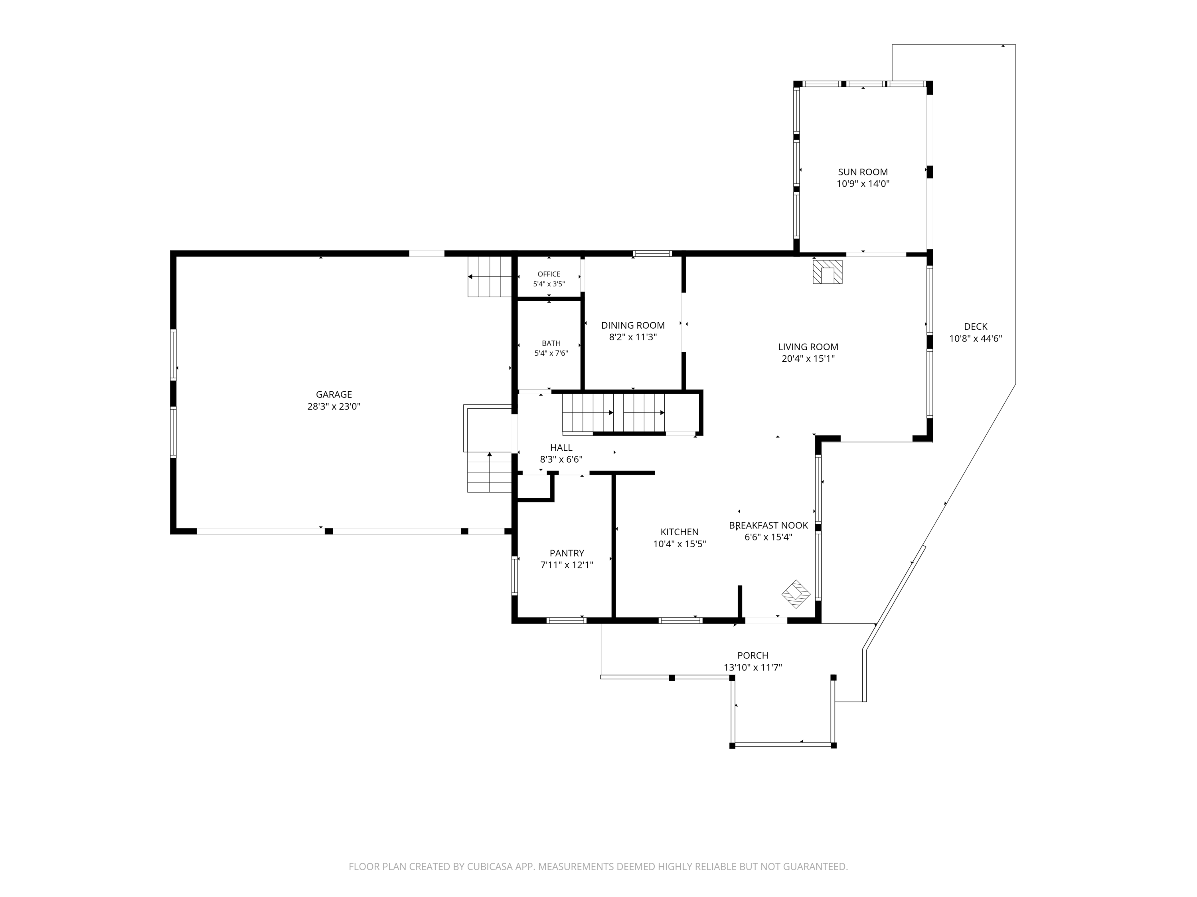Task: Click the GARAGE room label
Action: (x=334, y=394)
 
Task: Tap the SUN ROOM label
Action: (x=863, y=172)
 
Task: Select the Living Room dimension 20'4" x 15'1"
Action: (x=808, y=359)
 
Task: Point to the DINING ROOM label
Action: (x=633, y=325)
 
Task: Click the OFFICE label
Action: (x=549, y=274)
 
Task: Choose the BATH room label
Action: (x=551, y=343)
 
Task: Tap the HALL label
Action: (x=561, y=448)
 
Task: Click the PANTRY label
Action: (x=567, y=553)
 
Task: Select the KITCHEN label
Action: (x=679, y=532)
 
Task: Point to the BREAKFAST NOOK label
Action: (x=768, y=525)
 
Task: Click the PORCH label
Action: (x=753, y=655)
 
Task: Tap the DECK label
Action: (x=976, y=326)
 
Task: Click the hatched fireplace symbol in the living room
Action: (x=828, y=272)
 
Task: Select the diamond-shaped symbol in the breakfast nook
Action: (x=796, y=594)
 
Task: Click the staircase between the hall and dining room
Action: (x=614, y=413)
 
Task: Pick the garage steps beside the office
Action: (x=490, y=276)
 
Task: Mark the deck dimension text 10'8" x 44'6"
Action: (x=976, y=339)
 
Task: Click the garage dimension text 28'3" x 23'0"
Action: (x=334, y=406)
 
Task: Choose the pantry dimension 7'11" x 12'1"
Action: (x=567, y=565)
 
